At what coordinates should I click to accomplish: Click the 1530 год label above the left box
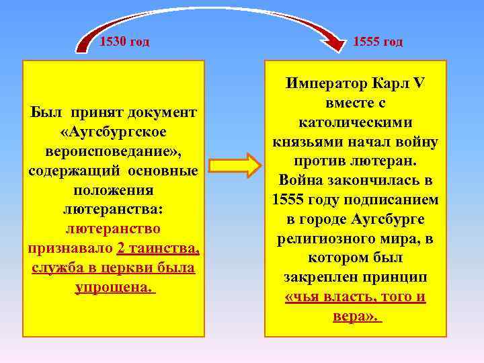pyautogui.click(x=124, y=42)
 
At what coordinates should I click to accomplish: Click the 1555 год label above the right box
pyautogui.click(x=378, y=42)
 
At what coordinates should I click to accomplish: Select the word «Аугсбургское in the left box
pyautogui.click(x=114, y=129)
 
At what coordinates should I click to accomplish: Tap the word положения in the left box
pyautogui.click(x=114, y=191)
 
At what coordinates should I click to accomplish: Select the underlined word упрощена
pyautogui.click(x=114, y=287)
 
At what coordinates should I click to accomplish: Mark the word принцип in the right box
pyautogui.click(x=397, y=278)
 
